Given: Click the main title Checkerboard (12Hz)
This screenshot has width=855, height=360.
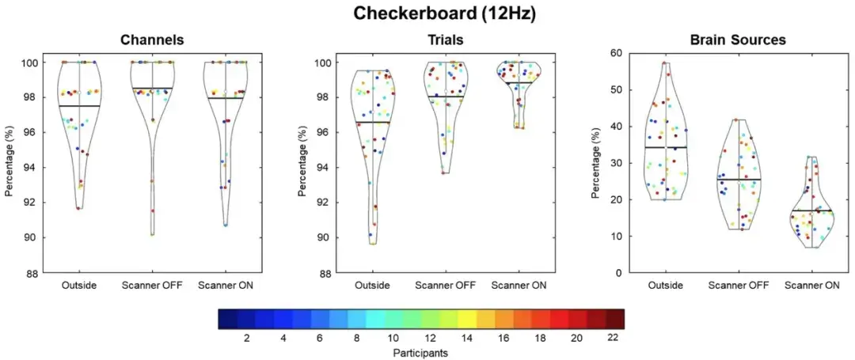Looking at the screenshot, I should pyautogui.click(x=427, y=13).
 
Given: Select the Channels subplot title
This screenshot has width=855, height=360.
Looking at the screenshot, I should pyautogui.click(x=152, y=40).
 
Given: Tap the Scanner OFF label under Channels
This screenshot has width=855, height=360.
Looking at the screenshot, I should pyautogui.click(x=152, y=285).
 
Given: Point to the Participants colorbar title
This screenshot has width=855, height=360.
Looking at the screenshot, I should pyautogui.click(x=420, y=352).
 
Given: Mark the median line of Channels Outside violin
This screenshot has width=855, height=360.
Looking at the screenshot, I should pyautogui.click(x=79, y=105).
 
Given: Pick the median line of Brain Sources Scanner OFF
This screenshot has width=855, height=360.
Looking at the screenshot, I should pyautogui.click(x=738, y=179).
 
